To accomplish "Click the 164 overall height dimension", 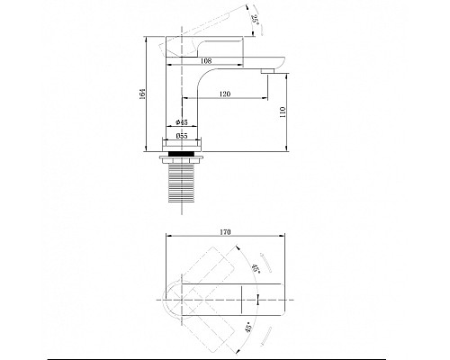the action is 143,94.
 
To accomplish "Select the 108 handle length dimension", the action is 206,61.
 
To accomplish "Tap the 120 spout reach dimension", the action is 225,94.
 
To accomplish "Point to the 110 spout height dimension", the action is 283,112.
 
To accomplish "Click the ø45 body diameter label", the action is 182,122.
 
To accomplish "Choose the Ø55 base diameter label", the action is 182,136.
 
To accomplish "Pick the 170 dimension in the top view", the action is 225,232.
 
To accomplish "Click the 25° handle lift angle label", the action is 256,20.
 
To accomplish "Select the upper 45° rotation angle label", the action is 256,268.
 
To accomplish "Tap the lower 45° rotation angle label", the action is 248,325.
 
